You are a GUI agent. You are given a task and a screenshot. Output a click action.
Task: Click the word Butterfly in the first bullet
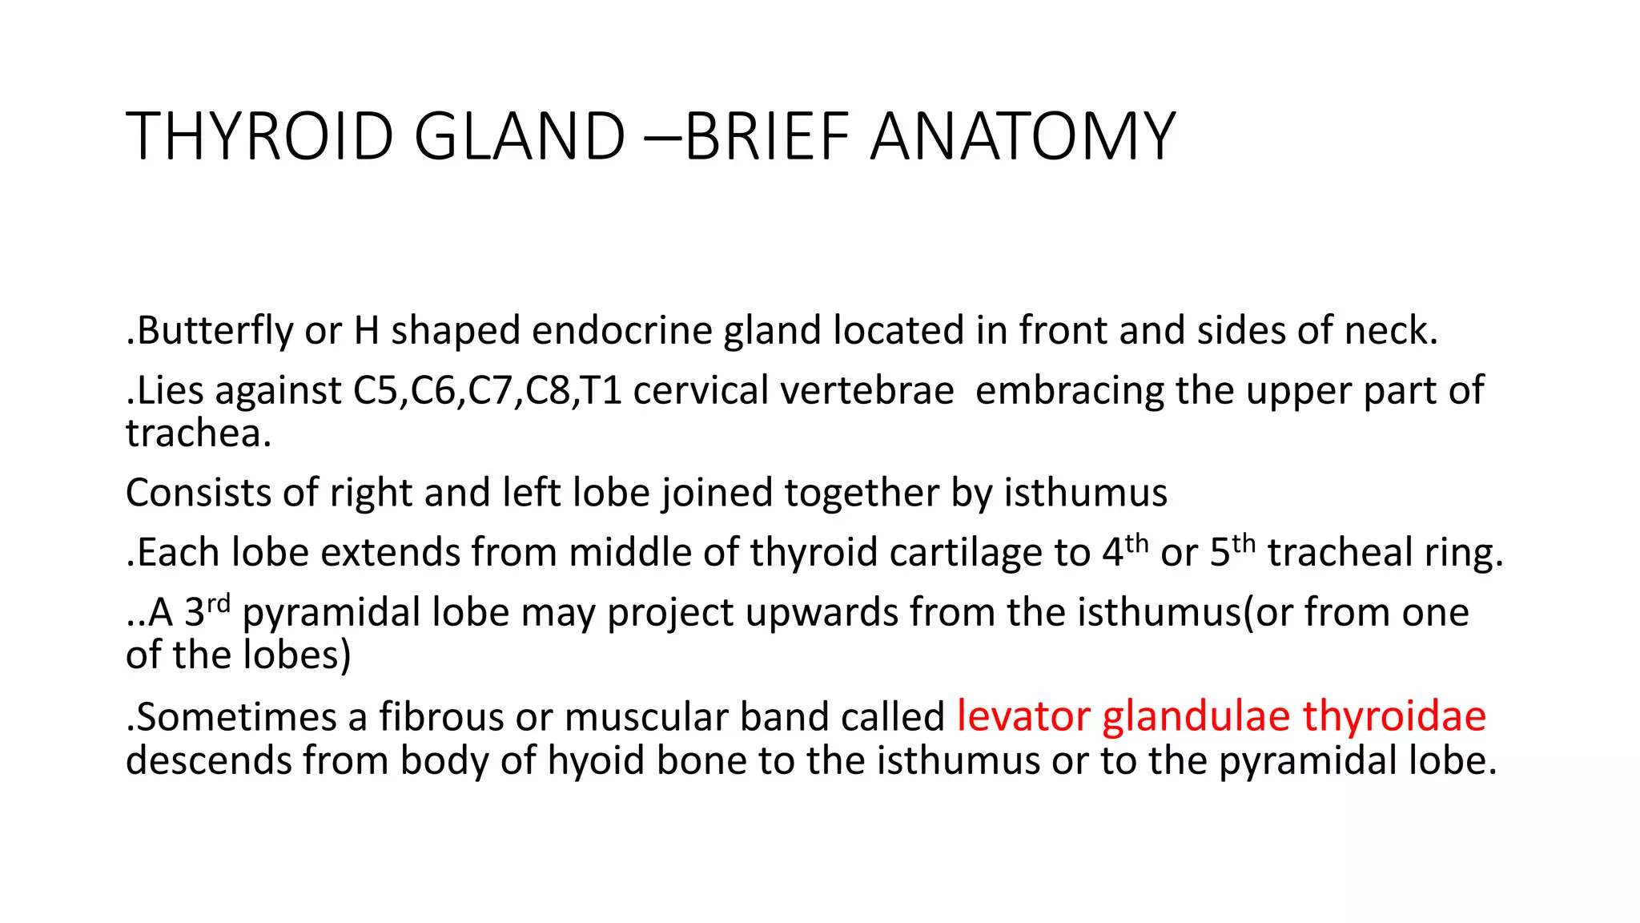(x=215, y=331)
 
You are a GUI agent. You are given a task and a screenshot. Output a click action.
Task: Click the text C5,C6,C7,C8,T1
(x=488, y=391)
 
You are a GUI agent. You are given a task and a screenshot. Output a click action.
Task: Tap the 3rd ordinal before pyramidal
(x=207, y=611)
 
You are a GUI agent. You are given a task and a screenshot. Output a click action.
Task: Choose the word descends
(x=209, y=760)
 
